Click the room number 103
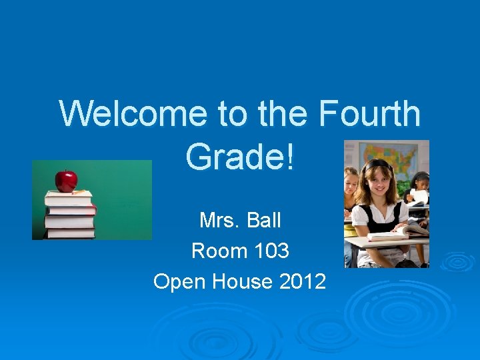point(272,251)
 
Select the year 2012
point(303,282)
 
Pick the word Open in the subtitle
point(180,282)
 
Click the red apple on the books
point(66,180)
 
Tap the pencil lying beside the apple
point(81,192)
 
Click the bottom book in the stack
point(69,233)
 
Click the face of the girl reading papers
point(421,181)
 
